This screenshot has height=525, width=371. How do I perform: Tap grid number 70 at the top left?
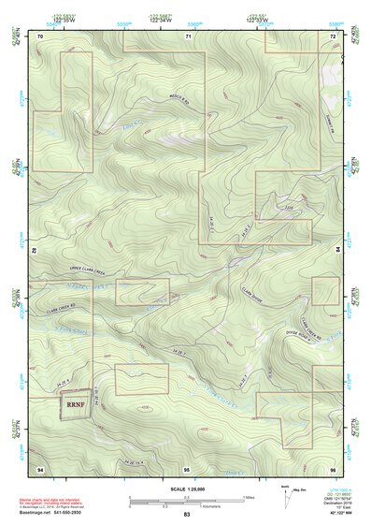[40, 36]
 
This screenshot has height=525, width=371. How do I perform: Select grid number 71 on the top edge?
[188, 36]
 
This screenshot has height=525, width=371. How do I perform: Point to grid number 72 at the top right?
[333, 36]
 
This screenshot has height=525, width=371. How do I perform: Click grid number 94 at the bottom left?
[40, 467]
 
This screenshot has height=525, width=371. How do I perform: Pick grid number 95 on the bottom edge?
[187, 467]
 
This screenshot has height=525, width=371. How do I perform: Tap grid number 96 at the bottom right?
[333, 467]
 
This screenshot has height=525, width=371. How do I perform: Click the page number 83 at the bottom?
[187, 515]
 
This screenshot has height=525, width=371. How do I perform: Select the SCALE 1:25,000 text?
[187, 489]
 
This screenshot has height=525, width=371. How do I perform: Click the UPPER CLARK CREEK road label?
[90, 268]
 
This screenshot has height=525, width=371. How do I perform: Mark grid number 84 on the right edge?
[338, 250]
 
